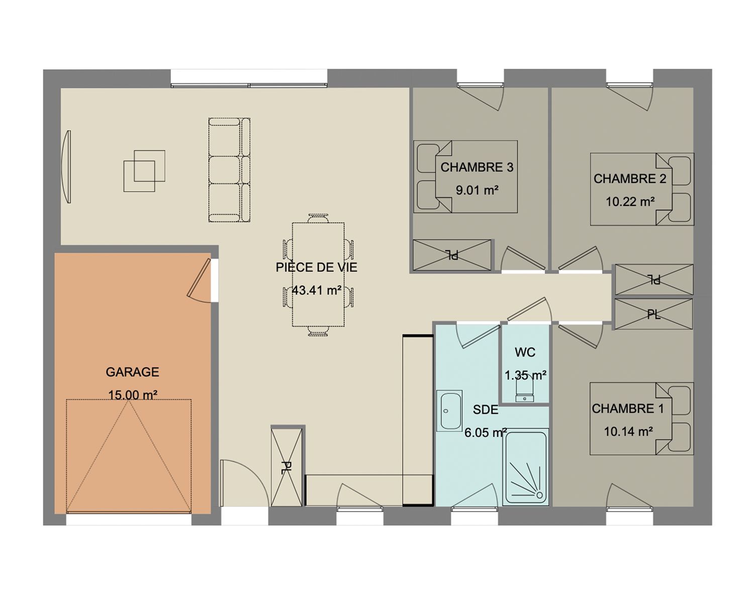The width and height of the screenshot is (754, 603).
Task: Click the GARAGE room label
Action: [132, 372]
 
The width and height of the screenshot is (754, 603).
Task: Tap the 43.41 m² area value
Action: [316, 290]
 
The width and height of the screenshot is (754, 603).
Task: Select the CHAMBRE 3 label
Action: [477, 167]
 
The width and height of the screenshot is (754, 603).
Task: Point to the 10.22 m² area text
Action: [630, 202]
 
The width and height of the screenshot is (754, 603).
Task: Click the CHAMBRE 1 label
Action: [627, 409]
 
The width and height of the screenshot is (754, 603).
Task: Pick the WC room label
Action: [525, 352]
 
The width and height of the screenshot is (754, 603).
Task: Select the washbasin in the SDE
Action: [449, 411]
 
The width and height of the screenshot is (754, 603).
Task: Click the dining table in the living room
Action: [318, 275]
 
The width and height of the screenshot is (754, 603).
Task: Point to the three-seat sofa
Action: [229, 170]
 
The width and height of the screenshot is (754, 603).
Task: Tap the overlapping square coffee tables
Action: [144, 171]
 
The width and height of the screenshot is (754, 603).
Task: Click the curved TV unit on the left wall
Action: [66, 166]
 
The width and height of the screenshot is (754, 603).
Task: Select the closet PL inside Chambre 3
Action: [452, 255]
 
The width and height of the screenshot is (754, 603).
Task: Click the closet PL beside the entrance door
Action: [287, 467]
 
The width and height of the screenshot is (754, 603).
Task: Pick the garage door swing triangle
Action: [129, 456]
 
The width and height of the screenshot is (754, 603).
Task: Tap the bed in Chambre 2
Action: [642, 189]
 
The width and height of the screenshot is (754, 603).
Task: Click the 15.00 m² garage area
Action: [132, 395]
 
